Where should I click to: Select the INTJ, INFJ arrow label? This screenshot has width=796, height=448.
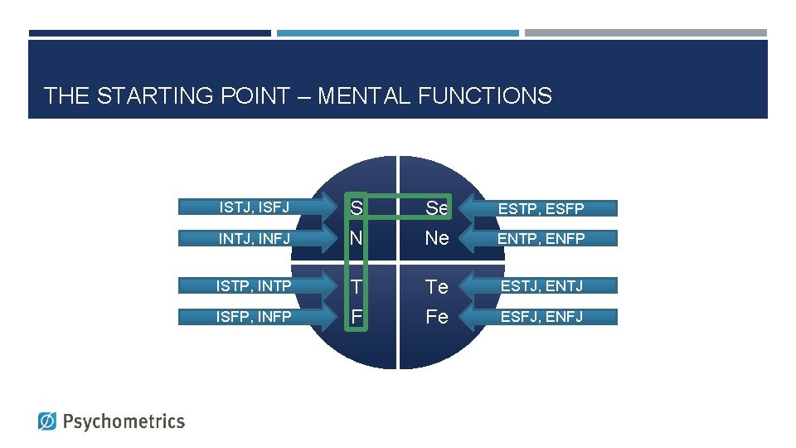coord(254,238)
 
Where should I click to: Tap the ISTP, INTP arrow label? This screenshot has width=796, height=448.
coord(254,286)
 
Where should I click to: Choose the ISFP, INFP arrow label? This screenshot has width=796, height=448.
coord(254,316)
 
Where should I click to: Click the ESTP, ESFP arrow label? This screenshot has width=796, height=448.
coord(541,208)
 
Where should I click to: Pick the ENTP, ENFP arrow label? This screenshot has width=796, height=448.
coord(541,239)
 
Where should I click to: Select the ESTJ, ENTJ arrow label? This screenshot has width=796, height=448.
coord(541,286)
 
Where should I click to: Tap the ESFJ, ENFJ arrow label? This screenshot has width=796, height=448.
coord(541,316)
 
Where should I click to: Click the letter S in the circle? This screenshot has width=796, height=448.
coord(356,207)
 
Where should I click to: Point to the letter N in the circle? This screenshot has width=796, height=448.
coord(356,238)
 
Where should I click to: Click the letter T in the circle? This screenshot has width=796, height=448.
coord(356,286)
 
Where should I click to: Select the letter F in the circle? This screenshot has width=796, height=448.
coord(356,316)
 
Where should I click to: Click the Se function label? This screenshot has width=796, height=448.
coord(436,208)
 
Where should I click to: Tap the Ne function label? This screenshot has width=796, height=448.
coord(436,238)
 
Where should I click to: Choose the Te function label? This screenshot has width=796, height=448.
coord(436,286)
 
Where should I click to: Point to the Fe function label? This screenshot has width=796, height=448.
coord(436,316)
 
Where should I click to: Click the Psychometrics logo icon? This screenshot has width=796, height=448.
coord(48,421)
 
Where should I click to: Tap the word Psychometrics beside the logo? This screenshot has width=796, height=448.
coord(124,421)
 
